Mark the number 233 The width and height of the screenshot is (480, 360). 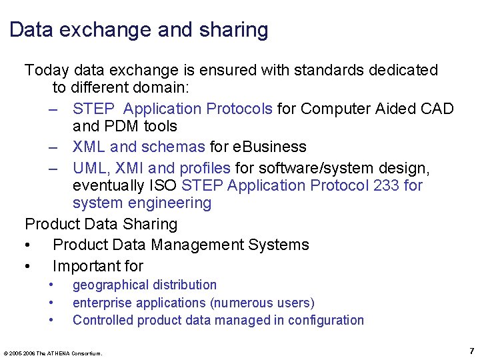tap(387, 185)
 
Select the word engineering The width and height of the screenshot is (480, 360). tap(169, 203)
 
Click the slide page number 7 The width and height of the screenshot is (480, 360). tap(471, 351)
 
